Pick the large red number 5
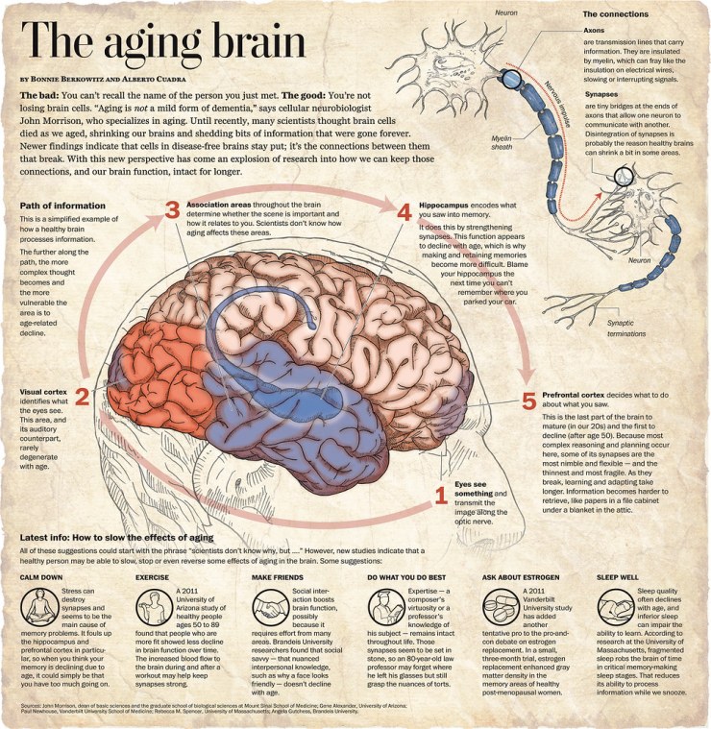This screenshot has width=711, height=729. coord(528,402)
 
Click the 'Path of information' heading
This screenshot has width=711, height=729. coord(61,206)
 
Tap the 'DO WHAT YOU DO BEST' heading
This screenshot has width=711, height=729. coord(405,577)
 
